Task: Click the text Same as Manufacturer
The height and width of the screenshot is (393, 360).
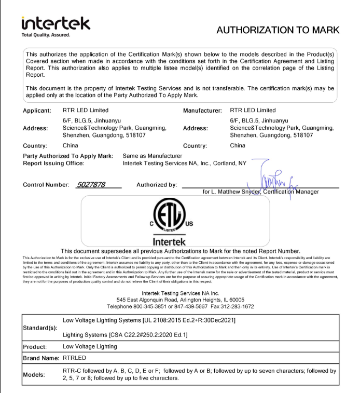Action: [x=152, y=155]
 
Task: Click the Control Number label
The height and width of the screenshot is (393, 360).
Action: [x=45, y=185]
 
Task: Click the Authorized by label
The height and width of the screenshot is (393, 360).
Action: [x=156, y=185]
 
